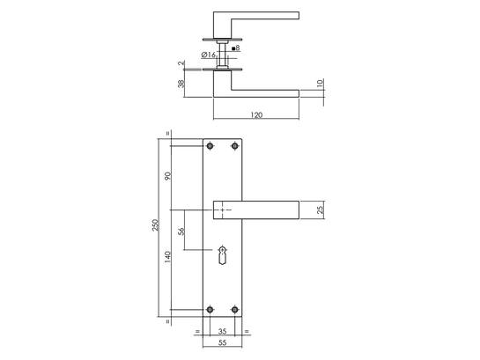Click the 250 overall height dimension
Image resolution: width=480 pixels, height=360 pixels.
point(156,224)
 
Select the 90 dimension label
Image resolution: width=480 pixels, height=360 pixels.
point(167,176)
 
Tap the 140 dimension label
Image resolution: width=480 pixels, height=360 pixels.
point(167,257)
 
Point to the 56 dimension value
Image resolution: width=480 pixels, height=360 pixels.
point(181,231)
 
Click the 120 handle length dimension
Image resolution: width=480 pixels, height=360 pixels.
point(256,115)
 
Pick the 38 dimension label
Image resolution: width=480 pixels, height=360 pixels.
point(181,84)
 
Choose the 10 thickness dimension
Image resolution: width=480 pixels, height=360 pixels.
point(320,83)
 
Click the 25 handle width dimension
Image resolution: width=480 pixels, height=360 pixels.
point(320,209)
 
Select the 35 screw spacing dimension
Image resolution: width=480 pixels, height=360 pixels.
point(223,331)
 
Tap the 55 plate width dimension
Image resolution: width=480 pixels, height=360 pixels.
point(223,342)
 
